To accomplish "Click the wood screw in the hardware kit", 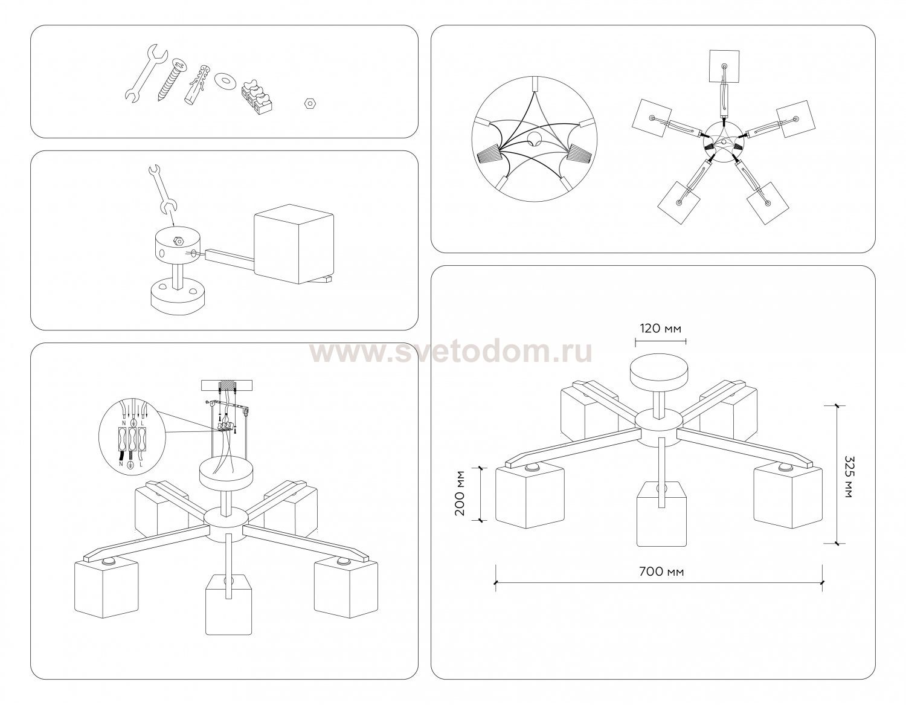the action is tap(171, 79).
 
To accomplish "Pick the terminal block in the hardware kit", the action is tap(257, 97).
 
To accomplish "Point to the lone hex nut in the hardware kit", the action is tap(309, 103).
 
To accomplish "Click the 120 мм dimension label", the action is tap(660, 328).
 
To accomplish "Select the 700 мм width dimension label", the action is tap(661, 571).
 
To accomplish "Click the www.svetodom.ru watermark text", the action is tap(451, 352).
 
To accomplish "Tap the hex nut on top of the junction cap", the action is tap(178, 241).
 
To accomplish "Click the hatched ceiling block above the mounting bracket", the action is tap(228, 385).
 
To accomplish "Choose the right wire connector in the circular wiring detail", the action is tap(580, 154).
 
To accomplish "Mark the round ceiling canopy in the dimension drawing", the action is tap(660, 372).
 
